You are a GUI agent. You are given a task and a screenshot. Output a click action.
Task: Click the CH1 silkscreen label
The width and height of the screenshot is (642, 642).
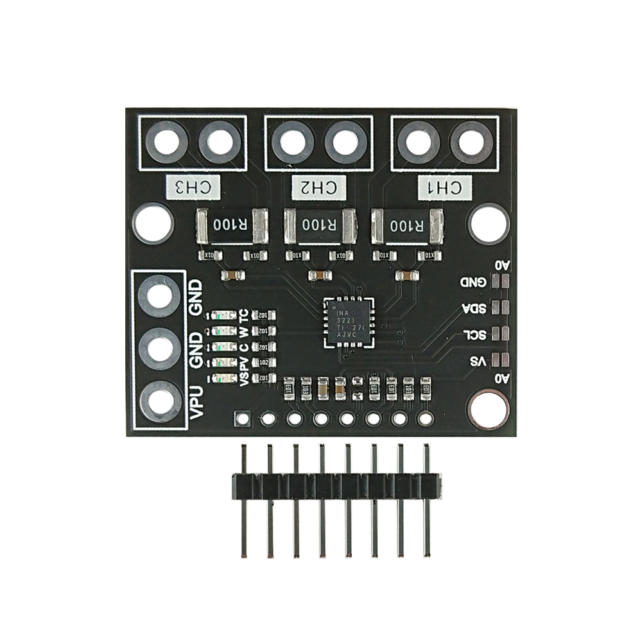point(444,187)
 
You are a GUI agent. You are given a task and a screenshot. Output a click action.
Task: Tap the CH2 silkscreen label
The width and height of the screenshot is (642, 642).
point(319,187)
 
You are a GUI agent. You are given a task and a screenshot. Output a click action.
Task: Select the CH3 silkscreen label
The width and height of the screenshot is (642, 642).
point(193,187)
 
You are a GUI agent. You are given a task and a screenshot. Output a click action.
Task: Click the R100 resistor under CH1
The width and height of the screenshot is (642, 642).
point(408,226)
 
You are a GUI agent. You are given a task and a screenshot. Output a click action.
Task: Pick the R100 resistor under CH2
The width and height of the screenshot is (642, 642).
point(319,226)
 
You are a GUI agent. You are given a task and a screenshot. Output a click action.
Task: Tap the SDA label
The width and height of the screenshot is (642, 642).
point(474,308)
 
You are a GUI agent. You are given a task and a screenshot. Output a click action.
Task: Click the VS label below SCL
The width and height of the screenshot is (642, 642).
point(477,361)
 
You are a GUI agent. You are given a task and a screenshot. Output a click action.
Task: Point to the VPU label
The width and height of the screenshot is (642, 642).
point(198,403)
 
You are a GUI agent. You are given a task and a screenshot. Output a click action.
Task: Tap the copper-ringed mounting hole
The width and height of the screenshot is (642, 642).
point(489,410)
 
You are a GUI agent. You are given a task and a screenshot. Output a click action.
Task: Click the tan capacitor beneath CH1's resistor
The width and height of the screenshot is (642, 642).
point(406,276)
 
